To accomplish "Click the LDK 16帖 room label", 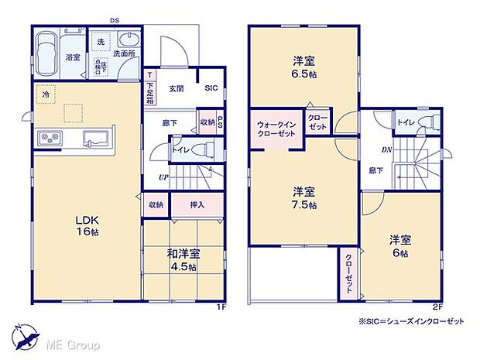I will point(66,225).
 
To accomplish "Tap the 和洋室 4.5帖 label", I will point(183,256).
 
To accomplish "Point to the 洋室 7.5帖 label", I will point(303,197).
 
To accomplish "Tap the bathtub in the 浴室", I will point(47,53).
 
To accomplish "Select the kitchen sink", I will point(98,139).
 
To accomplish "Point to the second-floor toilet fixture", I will point(428,122).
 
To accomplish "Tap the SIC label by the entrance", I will point(211,88).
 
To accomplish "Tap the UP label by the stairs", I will point(163,177).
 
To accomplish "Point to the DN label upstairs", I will point(385,149).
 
